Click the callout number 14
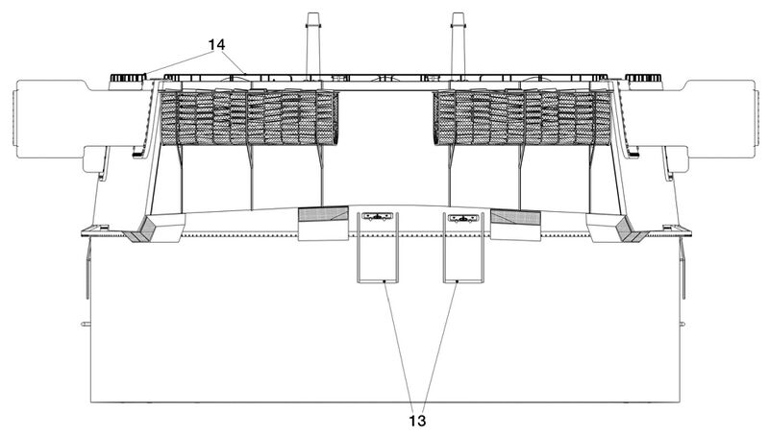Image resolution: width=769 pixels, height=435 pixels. (216, 44)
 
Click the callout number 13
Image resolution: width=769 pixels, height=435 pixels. (417, 421)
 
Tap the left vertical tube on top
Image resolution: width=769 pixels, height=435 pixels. (313, 44)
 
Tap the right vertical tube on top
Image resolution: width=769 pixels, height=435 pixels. (458, 44)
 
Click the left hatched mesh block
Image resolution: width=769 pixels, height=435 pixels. (250, 117)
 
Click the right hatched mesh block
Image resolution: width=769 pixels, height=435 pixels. (523, 117)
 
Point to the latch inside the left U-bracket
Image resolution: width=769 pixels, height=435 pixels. (377, 216)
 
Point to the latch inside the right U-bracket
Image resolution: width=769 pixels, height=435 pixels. (463, 217)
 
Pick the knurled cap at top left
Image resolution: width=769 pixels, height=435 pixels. (128, 78)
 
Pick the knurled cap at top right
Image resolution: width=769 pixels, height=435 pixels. (644, 78)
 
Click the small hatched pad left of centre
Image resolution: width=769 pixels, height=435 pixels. (324, 215)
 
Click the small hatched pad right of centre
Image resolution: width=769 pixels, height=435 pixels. (515, 217)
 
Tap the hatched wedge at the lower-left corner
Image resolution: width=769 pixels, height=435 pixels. (142, 230)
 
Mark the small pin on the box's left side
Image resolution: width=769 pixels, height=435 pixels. (86, 324)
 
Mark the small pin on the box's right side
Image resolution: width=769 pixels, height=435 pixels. (682, 324)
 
